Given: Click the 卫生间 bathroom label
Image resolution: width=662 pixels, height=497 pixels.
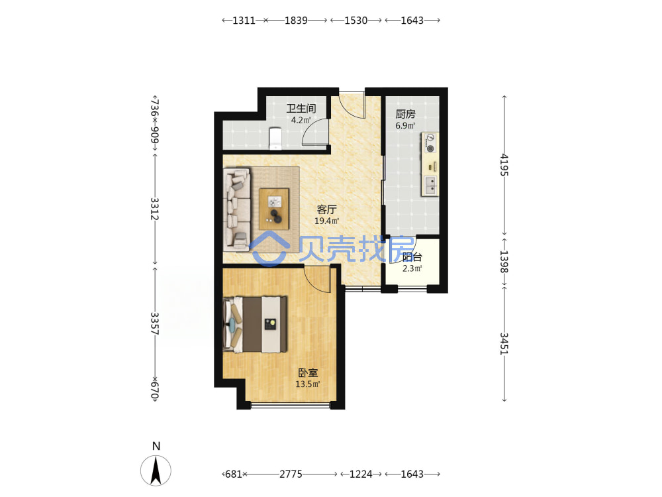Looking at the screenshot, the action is coord(301,109).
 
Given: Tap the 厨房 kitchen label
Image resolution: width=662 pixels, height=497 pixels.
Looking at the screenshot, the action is coord(405,114).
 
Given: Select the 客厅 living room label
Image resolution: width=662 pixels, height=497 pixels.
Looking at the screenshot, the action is coord(327,209).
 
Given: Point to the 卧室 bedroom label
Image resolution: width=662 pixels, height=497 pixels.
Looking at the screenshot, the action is coord(308,372).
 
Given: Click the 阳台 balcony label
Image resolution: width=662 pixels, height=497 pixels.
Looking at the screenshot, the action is coord(412,257).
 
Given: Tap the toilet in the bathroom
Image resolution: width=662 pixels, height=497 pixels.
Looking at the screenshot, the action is coord(275,138).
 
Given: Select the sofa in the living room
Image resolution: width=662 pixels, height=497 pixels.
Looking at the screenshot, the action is coord(237,209).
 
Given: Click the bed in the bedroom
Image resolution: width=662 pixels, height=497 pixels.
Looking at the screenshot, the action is coord(255,324).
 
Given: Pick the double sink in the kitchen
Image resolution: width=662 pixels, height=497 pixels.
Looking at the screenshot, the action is coord(430,186).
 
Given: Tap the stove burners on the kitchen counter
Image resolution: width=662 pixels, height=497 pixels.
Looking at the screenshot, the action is coord(430,143).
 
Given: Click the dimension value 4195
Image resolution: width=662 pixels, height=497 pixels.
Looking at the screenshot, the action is coord(504,165).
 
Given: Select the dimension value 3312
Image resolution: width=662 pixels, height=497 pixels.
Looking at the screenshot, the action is coord(154,209).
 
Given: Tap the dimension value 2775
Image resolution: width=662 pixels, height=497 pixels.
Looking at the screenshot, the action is coord(291,474).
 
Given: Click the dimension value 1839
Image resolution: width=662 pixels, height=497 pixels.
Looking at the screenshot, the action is coord(296,21).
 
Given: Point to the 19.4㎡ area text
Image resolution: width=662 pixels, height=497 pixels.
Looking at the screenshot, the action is coord(327,221).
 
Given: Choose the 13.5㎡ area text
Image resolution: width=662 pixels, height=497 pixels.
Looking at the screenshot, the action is coord(308,384).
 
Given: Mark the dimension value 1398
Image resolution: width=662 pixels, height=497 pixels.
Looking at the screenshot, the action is coord(504,262).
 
